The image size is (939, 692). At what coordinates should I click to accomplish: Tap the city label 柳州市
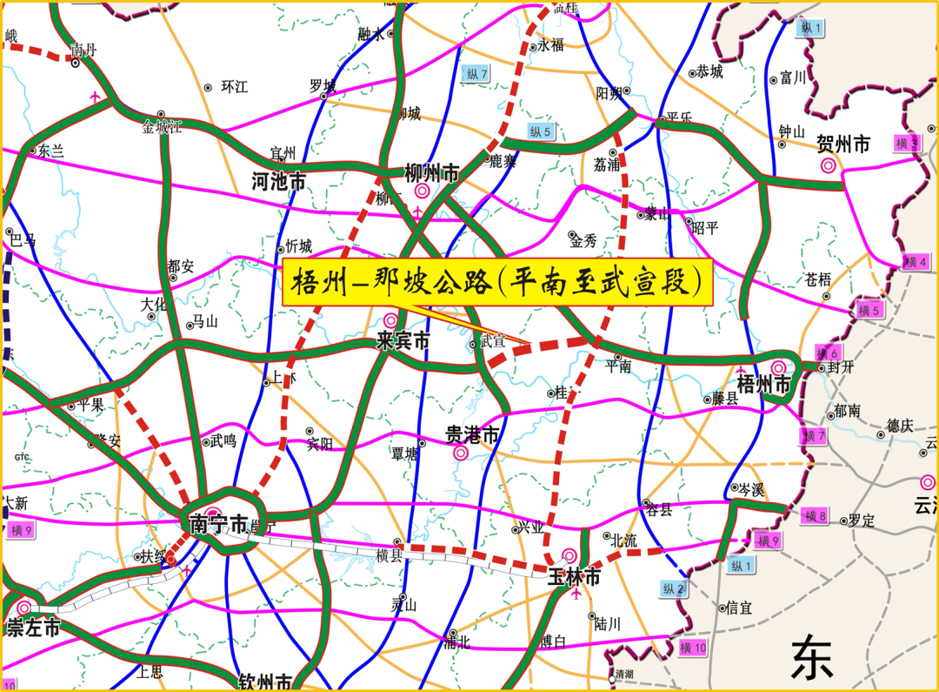click(x=432, y=173)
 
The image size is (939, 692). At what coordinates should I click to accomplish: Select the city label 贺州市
click(x=843, y=144)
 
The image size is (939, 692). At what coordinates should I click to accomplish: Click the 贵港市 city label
click(x=472, y=434)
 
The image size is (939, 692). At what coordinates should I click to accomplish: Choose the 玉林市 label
click(x=574, y=576)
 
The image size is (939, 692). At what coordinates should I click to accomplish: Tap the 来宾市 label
click(x=403, y=341)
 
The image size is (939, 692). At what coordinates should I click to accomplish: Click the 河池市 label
click(x=278, y=182)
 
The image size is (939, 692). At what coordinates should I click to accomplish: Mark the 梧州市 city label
click(x=764, y=385)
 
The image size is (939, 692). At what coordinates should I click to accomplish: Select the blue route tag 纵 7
click(x=477, y=73)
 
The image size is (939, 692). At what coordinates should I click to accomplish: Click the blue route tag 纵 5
click(x=540, y=131)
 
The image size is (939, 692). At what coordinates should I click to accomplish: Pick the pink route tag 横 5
click(x=869, y=311)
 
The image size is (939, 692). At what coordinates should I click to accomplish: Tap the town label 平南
click(x=618, y=367)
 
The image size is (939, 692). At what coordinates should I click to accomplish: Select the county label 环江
click(x=234, y=87)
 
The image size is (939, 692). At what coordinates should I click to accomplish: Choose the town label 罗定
click(x=862, y=521)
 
